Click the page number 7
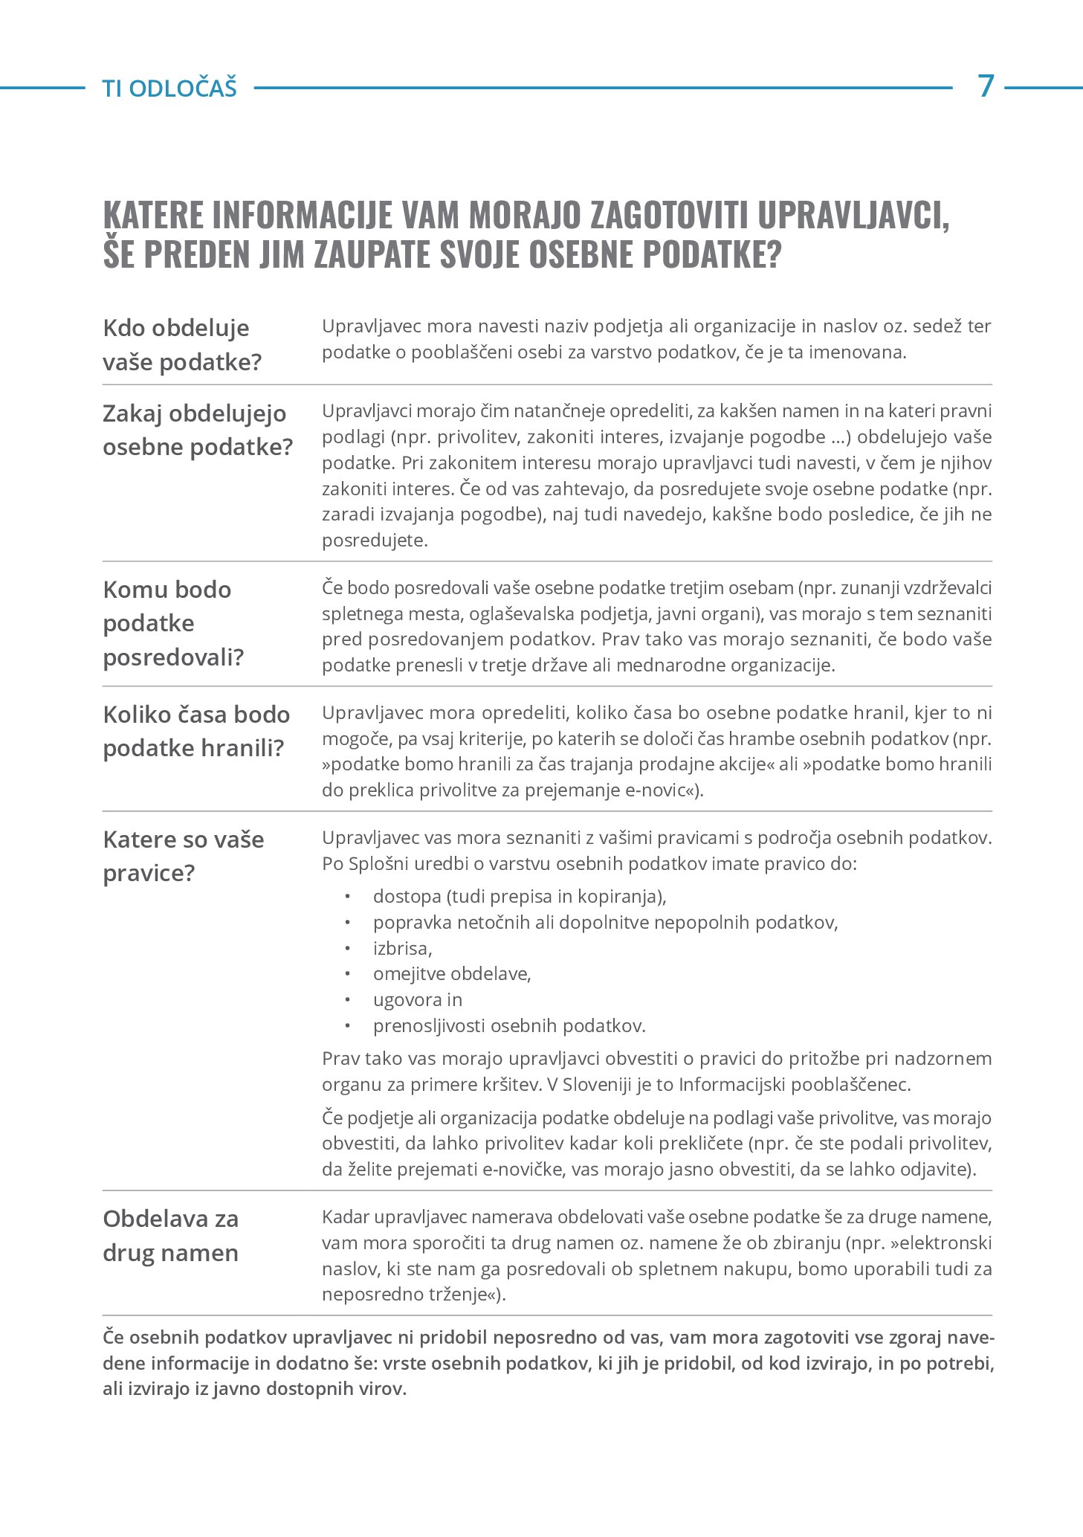[x=986, y=86]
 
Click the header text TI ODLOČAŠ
[x=169, y=88]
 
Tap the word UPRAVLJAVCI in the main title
[x=853, y=216]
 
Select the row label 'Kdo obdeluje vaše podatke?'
[x=182, y=345]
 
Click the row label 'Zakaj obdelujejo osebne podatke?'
[x=198, y=430]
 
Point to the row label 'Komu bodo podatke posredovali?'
[x=173, y=623]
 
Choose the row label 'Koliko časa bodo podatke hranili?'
[x=196, y=731]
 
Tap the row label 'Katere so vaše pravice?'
[x=184, y=856]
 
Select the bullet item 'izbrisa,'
[x=402, y=948]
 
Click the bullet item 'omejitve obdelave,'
[x=452, y=973]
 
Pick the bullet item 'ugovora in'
[x=418, y=999]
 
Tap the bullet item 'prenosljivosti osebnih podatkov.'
[x=509, y=1025]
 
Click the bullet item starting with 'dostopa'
[x=520, y=896]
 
